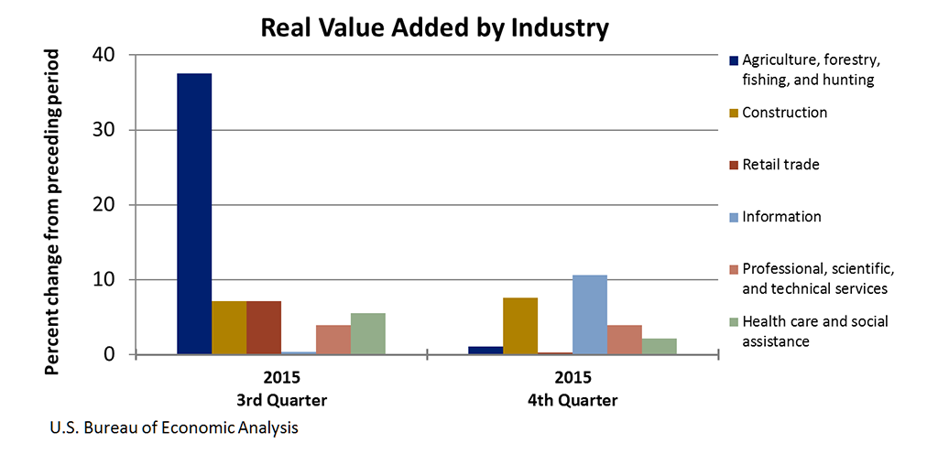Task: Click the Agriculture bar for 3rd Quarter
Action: click(x=194, y=213)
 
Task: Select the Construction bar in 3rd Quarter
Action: click(x=229, y=328)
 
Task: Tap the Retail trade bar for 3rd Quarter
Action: click(x=264, y=328)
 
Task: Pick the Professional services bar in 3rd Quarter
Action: click(x=333, y=340)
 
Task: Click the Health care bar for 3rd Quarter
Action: click(x=368, y=334)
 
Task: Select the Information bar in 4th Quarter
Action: click(x=589, y=315)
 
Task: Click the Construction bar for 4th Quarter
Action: click(x=519, y=326)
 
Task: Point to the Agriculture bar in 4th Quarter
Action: click(x=485, y=350)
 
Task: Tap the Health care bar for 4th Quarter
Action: click(x=659, y=346)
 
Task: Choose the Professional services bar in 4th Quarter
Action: click(x=624, y=340)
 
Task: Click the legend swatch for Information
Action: click(x=734, y=218)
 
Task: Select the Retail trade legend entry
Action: click(x=780, y=165)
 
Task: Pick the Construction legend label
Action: click(x=784, y=113)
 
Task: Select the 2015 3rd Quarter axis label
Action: click(x=281, y=389)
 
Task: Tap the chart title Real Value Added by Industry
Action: click(x=434, y=27)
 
